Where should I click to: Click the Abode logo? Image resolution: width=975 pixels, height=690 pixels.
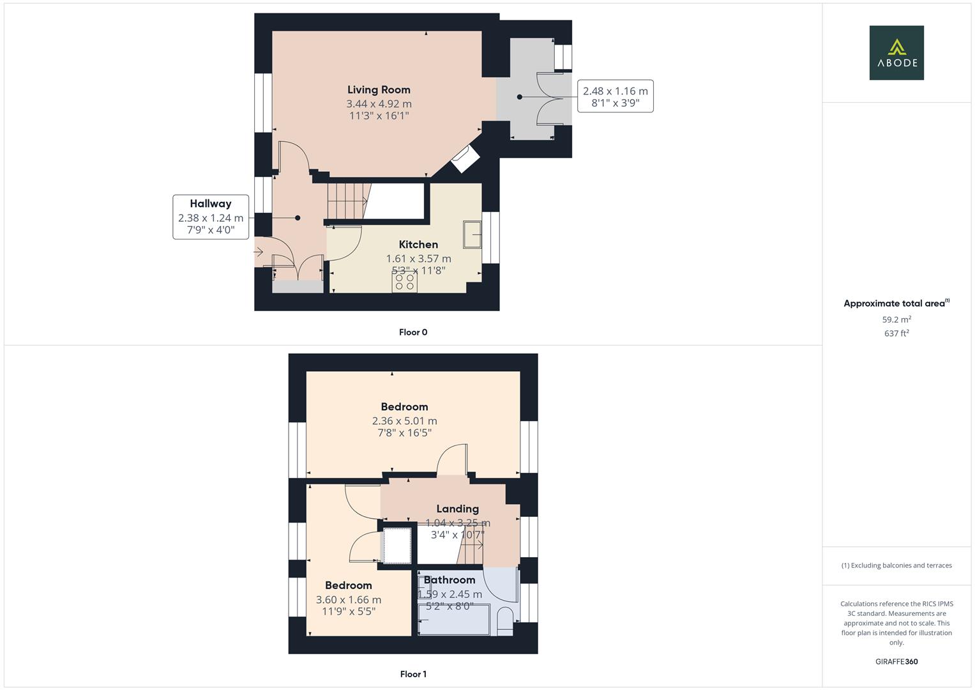point(896,53)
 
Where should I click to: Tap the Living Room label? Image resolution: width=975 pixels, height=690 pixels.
point(379,90)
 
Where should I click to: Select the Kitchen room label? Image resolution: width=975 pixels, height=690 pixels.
point(418,245)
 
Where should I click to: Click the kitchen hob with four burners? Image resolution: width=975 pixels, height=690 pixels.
point(404,282)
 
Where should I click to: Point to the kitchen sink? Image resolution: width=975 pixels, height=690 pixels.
point(472,234)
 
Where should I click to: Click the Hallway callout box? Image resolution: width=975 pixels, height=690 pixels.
point(211,217)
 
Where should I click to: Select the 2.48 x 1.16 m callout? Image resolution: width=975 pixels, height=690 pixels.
point(615,96)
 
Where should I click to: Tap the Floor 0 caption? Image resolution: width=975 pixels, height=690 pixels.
point(413,332)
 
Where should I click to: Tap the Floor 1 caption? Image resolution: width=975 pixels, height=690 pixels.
point(413,674)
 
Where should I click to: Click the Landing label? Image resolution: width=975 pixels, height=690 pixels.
point(457,509)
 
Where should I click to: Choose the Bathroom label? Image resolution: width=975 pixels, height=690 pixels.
point(450,580)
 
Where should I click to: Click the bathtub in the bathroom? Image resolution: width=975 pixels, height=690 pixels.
point(453,620)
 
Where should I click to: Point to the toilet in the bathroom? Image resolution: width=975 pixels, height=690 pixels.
point(504,621)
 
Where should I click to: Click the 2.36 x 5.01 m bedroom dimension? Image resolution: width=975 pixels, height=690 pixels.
point(404,421)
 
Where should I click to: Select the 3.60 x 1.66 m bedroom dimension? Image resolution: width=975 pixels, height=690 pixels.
point(349,600)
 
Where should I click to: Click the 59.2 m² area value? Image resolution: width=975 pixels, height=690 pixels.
point(896,319)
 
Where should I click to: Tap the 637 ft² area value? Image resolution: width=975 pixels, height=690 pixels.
point(896,333)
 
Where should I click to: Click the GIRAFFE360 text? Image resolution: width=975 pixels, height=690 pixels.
point(896,661)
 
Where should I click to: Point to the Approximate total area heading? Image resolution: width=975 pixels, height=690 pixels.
point(896,303)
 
